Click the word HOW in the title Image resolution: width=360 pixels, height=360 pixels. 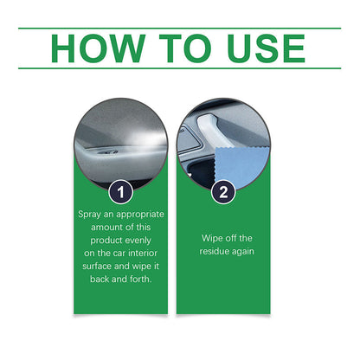tap(95, 48)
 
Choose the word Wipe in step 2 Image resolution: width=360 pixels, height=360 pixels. tap(212, 237)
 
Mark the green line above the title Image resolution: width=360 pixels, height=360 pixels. tap(180, 29)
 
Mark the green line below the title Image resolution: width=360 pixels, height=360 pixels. tap(180, 68)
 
